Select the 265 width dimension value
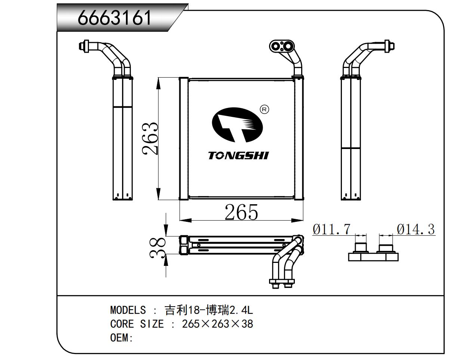click(241, 212)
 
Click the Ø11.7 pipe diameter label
click(331, 229)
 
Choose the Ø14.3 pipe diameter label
click(416, 229)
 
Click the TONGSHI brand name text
click(238, 155)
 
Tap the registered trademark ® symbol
click(264, 109)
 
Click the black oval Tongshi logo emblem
click(237, 124)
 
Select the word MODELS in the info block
click(128, 310)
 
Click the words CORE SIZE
click(137, 324)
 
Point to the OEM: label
click(122, 338)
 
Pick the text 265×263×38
click(217, 324)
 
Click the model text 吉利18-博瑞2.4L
click(209, 310)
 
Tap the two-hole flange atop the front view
click(282, 46)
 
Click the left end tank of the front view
click(183, 139)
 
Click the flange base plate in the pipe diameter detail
click(373, 257)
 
